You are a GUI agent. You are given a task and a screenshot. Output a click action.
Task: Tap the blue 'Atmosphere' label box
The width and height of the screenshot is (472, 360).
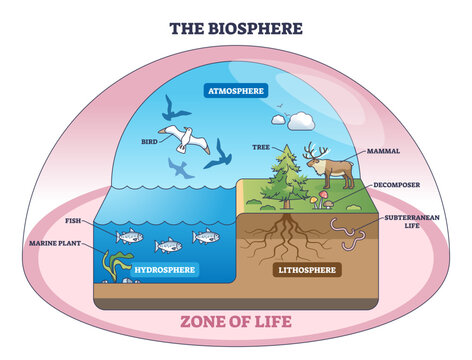point(236,91)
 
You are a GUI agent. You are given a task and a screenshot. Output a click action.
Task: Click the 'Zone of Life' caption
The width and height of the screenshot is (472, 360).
point(236,321)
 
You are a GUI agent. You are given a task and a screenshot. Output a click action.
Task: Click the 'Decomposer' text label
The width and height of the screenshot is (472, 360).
point(398,183)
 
